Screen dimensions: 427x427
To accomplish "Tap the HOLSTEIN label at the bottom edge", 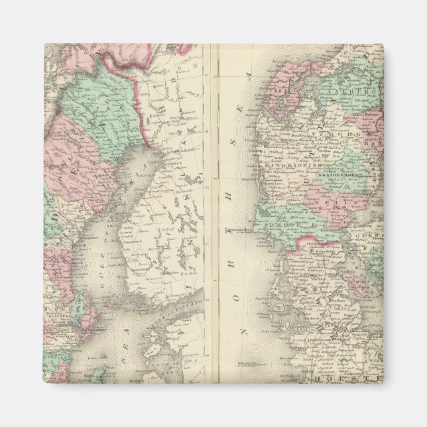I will [x=348, y=379].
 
